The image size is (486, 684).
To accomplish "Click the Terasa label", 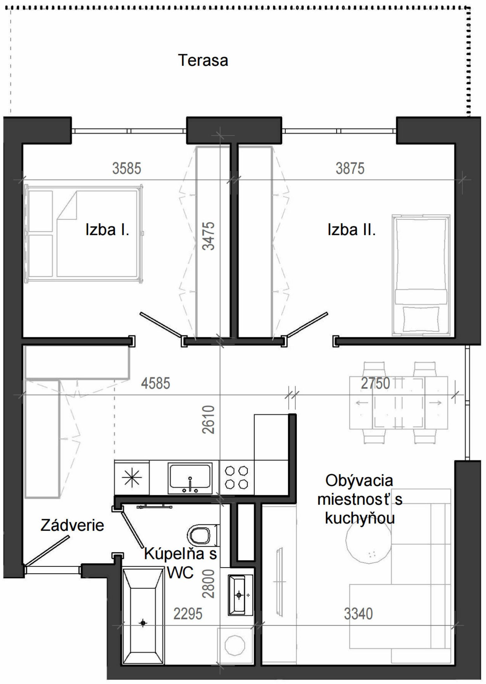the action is [203, 60].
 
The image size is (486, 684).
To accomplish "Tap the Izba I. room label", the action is [107, 230].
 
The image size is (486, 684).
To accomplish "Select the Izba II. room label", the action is [352, 230].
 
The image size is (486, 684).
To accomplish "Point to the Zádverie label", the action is [72, 525].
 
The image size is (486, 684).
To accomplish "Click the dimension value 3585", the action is [127, 168].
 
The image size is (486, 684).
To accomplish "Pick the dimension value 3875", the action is [350, 168].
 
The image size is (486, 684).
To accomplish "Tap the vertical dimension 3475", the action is [209, 236].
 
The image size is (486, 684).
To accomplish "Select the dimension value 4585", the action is [156, 383].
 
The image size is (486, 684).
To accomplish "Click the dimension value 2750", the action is [376, 383].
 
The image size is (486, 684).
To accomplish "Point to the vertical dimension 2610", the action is [209, 420].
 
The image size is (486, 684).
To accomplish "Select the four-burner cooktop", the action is [237, 478].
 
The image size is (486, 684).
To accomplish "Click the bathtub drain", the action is [143, 623].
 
